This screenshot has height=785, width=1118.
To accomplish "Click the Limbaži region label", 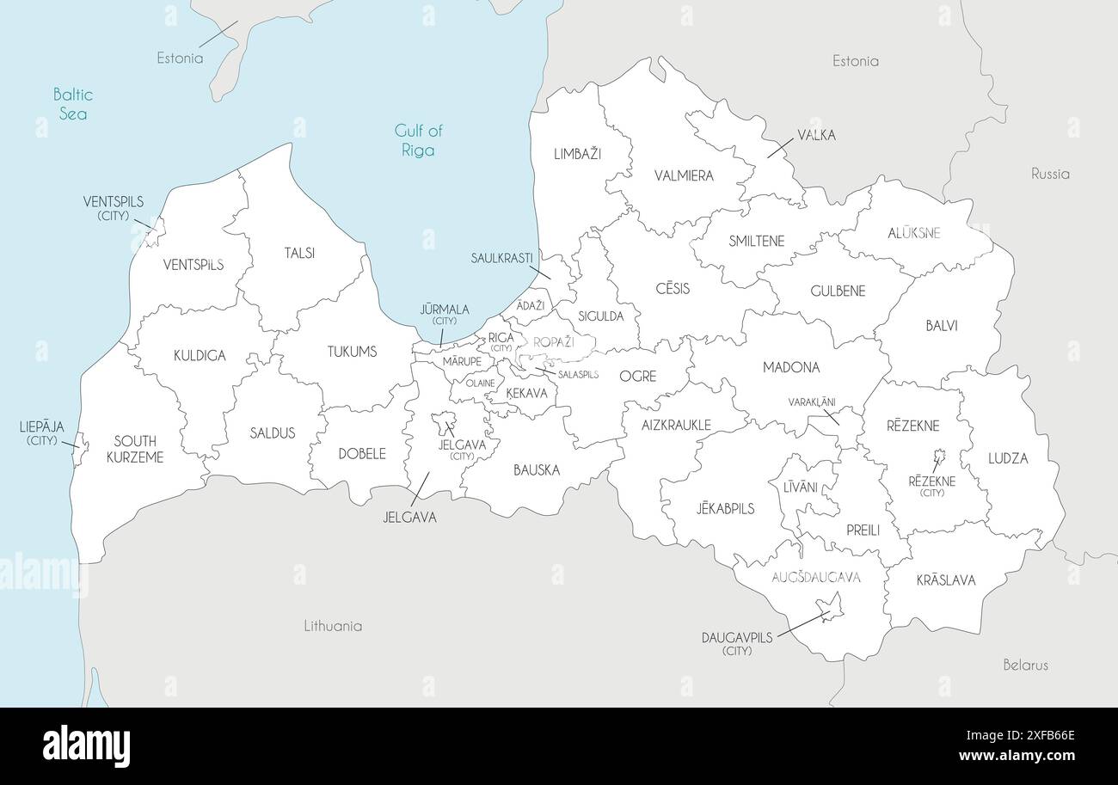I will point(578,154).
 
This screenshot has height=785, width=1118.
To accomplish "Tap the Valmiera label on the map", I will point(684,175).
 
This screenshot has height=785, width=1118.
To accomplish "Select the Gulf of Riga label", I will point(418,140).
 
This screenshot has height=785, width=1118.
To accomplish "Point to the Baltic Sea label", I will point(72,103).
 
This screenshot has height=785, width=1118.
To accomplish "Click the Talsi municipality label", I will point(299,253).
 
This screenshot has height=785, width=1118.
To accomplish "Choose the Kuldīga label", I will point(200,355).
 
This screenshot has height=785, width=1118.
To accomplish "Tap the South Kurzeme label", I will point(135,449).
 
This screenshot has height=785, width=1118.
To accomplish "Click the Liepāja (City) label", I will point(41,432).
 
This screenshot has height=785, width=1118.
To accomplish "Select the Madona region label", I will point(791,367).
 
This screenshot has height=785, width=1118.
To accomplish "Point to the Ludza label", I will point(1008,458).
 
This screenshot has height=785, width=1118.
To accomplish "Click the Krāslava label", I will point(946,580).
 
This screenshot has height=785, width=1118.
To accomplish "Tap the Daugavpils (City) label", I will point(737,643).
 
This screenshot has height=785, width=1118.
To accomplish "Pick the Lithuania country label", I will point(333,626).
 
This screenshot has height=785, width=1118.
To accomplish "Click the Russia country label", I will point(1050,174).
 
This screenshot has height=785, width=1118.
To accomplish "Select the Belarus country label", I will point(1025,665).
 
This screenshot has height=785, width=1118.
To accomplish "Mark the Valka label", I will point(816,135).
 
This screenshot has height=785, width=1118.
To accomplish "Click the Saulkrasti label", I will point(501,258).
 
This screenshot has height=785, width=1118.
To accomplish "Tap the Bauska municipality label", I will point(537,470).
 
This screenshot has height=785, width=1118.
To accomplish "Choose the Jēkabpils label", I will point(725,508).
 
